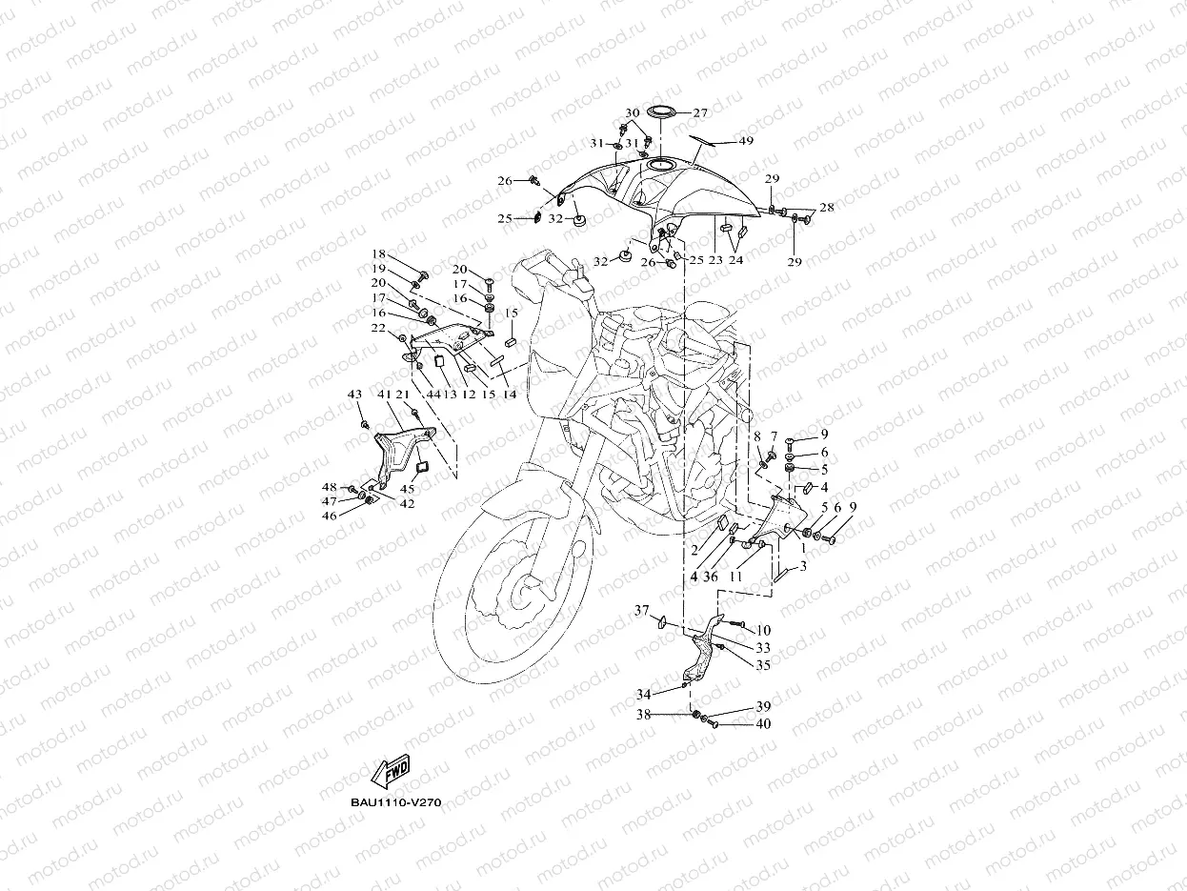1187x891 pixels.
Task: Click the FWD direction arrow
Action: (391, 770)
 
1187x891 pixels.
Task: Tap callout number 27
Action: (700, 112)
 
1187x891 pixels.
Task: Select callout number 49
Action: (746, 141)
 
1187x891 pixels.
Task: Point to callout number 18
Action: (378, 254)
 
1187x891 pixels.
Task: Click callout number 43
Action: (354, 395)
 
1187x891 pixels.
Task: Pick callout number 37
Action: (642, 611)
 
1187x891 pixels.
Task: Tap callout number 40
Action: (763, 724)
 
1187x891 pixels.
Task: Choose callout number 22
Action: (378, 328)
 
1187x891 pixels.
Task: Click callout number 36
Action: (711, 577)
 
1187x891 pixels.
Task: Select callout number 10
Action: (764, 631)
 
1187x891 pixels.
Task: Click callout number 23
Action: (714, 259)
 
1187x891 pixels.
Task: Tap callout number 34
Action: (644, 694)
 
